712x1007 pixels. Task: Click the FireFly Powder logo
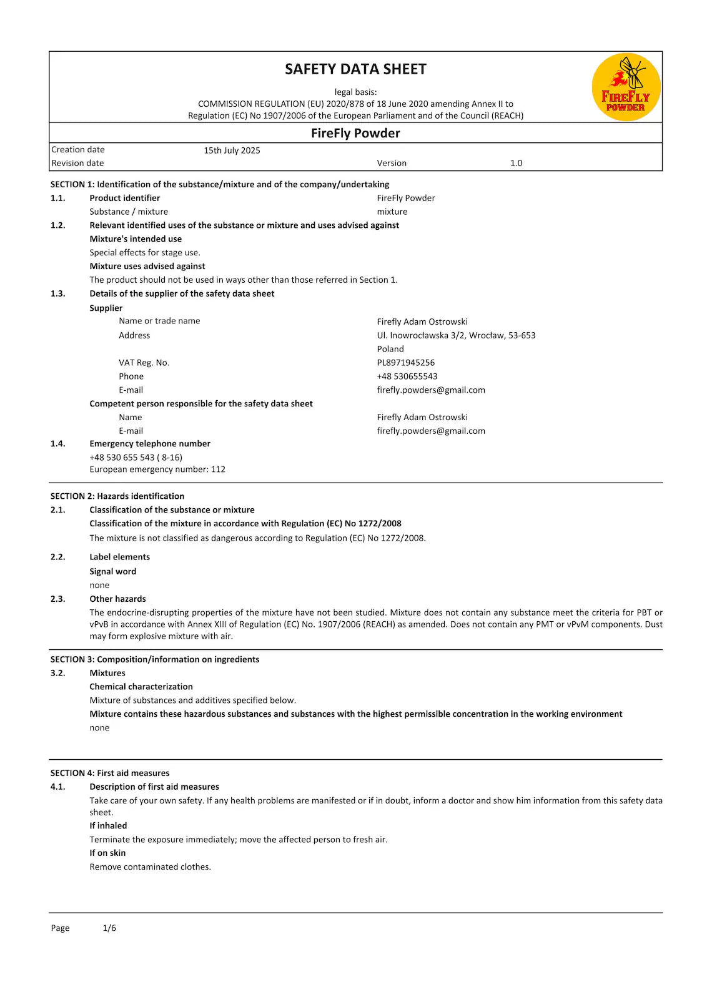click(626, 87)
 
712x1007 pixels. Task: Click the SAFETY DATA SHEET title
click(355, 69)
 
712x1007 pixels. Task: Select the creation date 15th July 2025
click(232, 150)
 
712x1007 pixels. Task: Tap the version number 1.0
click(516, 163)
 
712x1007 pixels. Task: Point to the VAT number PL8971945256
click(405, 363)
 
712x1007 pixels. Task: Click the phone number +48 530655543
click(407, 376)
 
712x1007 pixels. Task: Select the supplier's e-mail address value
click(431, 390)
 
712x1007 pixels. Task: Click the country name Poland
click(390, 349)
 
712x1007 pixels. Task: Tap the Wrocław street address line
click(456, 335)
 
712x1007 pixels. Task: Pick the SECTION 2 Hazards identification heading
click(117, 496)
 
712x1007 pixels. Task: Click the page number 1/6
click(109, 928)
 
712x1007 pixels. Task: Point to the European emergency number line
click(157, 469)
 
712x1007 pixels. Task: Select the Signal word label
click(112, 571)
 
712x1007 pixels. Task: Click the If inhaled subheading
click(108, 825)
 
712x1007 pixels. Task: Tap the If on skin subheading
click(107, 853)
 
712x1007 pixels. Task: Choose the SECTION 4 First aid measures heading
click(110, 773)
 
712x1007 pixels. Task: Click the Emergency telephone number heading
click(150, 444)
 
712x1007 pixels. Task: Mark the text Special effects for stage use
click(145, 253)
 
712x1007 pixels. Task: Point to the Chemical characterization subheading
click(141, 687)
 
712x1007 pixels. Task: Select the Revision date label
click(77, 163)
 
